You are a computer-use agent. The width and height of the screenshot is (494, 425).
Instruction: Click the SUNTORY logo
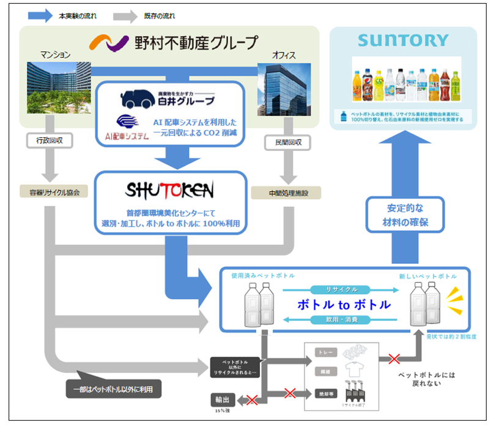403,42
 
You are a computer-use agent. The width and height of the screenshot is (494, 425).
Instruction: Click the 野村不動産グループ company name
196,43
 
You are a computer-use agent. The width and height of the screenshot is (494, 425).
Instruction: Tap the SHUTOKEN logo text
170,191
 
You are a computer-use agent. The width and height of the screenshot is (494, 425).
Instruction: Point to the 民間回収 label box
285,142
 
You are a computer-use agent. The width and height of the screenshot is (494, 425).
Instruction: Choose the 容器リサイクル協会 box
50,192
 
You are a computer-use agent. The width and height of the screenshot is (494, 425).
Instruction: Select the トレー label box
324,352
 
